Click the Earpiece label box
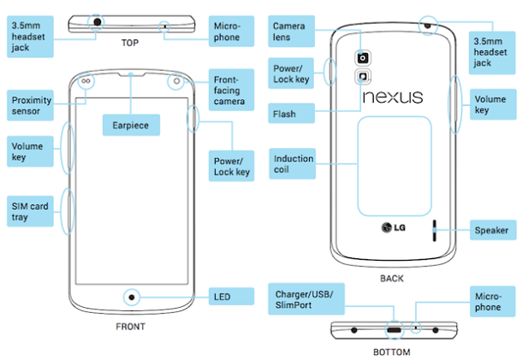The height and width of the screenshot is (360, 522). coord(130,126)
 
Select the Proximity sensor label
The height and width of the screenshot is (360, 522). coord(32,105)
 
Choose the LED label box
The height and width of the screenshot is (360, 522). coord(231,297)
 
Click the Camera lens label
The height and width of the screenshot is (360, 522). coord(289,32)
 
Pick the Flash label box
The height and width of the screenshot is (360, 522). coord(285,113)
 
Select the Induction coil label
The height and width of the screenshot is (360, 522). coord(294,165)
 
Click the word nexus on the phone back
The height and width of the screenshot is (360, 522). coord(393,97)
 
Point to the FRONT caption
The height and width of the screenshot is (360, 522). coord(130,326)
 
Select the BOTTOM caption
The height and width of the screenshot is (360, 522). coord(393,351)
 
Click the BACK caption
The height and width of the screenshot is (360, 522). coord(393,278)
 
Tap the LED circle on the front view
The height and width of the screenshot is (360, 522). coord(131,297)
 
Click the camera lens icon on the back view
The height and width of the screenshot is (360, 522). coord(364,58)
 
